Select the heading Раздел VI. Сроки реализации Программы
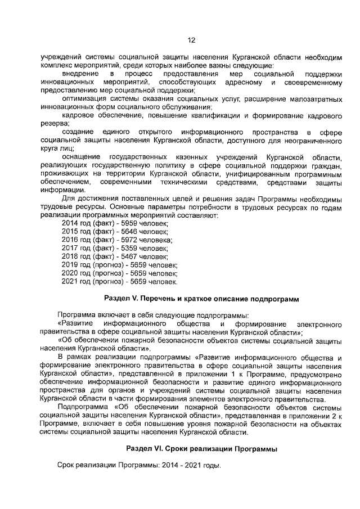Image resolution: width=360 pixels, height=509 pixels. point(202,448)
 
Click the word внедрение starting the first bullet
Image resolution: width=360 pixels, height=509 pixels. point(80,74)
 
